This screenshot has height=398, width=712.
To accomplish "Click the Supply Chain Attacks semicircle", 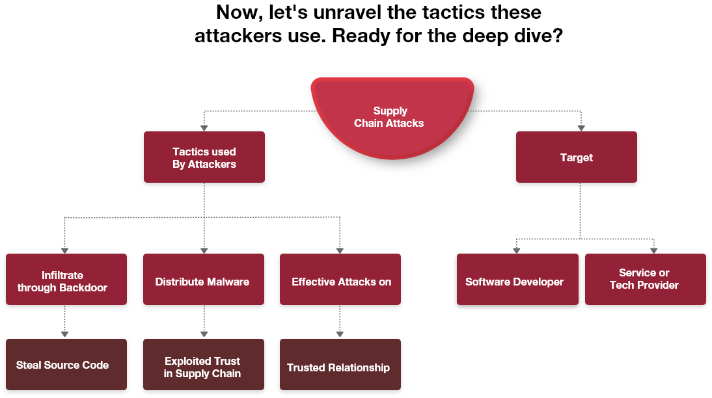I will [x=391, y=117].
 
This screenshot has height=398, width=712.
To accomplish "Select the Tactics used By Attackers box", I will [x=204, y=157].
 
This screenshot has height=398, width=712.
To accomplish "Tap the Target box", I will [x=577, y=157].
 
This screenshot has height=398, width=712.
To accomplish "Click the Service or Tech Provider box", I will [x=646, y=280].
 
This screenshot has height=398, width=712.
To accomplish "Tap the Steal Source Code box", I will [x=66, y=365].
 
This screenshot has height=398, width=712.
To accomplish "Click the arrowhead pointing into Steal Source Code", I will [x=64, y=334].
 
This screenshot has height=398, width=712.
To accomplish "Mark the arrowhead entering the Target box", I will [x=581, y=127].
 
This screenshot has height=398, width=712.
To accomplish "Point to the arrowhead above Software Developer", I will [x=517, y=250].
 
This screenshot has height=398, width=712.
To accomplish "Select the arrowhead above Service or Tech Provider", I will [x=653, y=250].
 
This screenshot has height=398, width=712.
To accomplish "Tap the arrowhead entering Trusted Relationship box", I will [x=340, y=334].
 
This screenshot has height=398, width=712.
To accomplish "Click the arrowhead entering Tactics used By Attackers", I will [x=204, y=127].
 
